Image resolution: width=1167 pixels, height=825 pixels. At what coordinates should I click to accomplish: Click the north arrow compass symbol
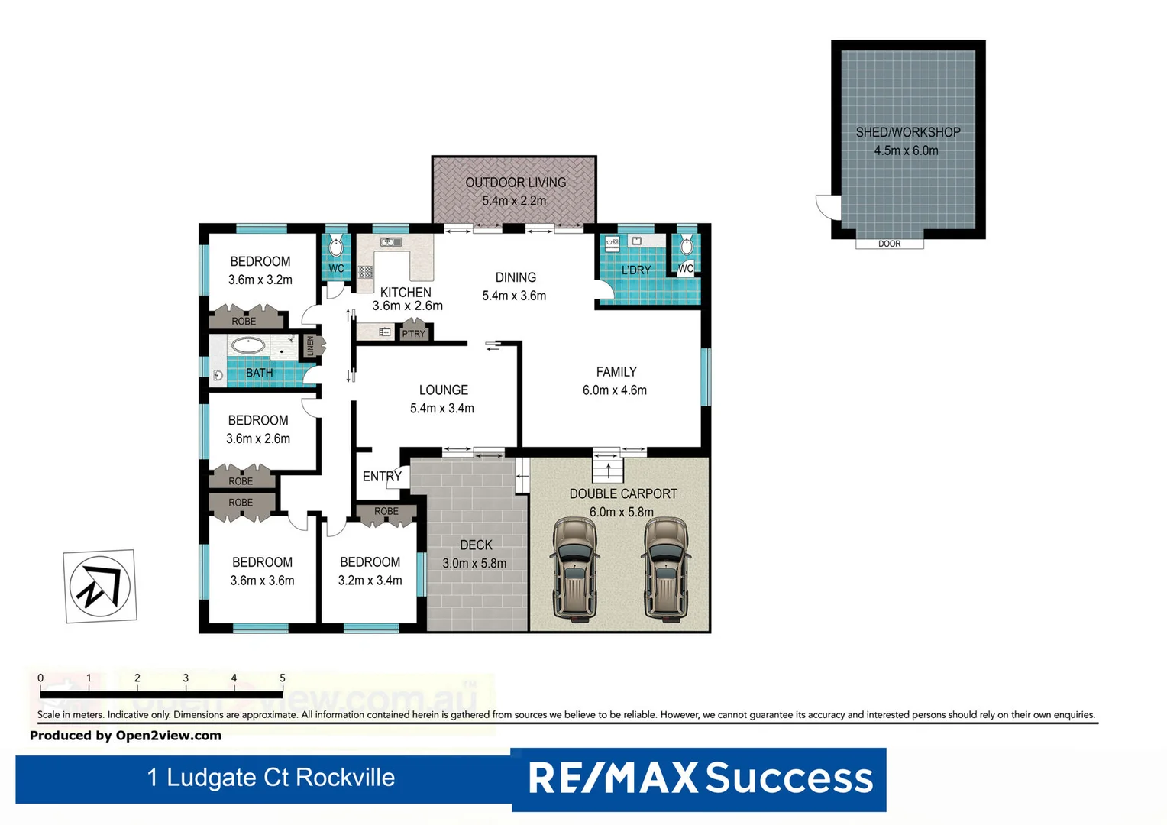coord(100,586)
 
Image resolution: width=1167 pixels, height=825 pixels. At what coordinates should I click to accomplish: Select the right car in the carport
coord(667,568)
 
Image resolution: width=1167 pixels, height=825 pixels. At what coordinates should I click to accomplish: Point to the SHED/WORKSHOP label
coord(907,132)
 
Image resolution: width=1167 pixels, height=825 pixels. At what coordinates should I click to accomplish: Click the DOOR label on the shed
coord(889,244)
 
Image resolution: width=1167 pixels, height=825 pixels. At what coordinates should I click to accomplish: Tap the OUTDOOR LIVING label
coord(516,183)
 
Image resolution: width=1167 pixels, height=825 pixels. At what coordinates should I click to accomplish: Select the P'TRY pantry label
coord(413,334)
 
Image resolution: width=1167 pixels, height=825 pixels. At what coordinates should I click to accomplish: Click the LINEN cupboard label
coord(310,346)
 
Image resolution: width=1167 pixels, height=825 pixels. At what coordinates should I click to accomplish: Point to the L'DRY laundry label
coord(635,270)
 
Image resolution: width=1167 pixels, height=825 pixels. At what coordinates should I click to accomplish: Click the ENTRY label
coord(382,477)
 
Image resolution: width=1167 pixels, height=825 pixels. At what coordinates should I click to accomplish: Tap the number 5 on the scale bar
coord(282,678)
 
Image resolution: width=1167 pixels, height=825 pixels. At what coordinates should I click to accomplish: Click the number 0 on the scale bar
coord(40,678)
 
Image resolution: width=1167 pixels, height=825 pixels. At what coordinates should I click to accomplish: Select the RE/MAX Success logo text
coord(700,778)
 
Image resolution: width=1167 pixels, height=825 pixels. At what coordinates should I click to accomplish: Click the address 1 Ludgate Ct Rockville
coord(270,778)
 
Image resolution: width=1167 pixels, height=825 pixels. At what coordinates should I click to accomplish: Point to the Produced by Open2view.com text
coord(125,736)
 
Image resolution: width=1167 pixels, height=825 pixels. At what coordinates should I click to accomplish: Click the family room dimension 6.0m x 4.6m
coord(614,390)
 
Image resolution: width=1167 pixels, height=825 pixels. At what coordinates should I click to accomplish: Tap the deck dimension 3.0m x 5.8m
coord(474,564)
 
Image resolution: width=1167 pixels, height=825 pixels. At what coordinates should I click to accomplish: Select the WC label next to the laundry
coord(685,268)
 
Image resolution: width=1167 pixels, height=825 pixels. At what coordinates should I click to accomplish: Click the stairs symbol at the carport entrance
coord(608,466)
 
